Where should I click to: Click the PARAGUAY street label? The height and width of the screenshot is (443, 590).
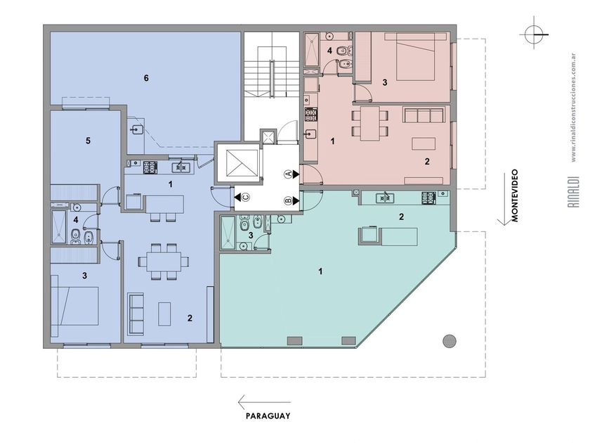[268, 416]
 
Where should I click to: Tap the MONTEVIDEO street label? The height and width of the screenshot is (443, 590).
[515, 195]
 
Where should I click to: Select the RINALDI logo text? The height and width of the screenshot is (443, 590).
[573, 192]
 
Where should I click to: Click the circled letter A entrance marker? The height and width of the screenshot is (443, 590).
[287, 174]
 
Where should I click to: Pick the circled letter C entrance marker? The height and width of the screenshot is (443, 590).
[246, 197]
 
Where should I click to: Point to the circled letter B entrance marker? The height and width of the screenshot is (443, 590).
[287, 201]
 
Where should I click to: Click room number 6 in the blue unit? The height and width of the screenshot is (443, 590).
[146, 78]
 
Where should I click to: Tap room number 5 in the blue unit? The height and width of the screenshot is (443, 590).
[88, 141]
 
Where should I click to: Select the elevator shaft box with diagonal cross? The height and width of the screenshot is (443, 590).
[242, 162]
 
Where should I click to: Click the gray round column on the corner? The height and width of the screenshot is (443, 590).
[450, 341]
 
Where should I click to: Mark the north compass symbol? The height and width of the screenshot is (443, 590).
[535, 34]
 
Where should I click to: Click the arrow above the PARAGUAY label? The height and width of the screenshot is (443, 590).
[264, 402]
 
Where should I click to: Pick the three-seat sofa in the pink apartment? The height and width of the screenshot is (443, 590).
[424, 115]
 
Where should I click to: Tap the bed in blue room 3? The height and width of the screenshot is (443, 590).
[75, 305]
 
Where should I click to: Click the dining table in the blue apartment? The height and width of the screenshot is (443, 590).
[164, 262]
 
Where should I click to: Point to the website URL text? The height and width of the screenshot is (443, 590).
[573, 108]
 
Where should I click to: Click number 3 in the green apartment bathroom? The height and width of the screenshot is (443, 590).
[251, 236]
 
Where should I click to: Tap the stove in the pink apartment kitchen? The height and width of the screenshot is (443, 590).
[310, 115]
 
